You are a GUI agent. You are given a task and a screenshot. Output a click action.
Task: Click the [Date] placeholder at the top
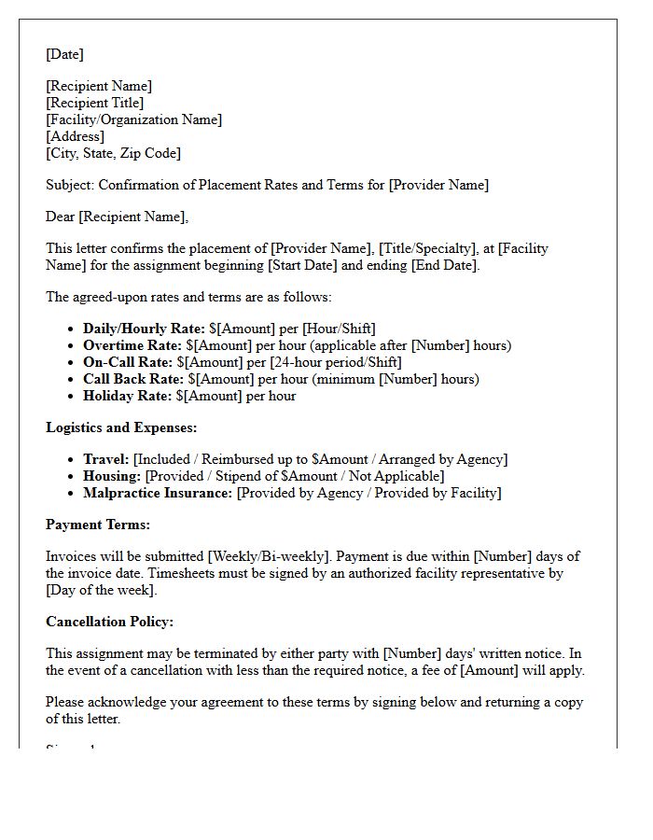pyautogui.click(x=64, y=54)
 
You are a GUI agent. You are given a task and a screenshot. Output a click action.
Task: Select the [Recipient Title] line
pyautogui.click(x=94, y=103)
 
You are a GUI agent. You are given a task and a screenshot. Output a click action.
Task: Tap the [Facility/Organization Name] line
pyautogui.click(x=133, y=119)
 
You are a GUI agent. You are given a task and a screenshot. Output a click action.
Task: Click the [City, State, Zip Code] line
pyautogui.click(x=113, y=153)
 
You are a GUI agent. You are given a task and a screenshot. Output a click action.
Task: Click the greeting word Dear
pyautogui.click(x=61, y=217)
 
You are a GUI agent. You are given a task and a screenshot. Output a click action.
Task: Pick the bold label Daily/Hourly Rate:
pyautogui.click(x=144, y=329)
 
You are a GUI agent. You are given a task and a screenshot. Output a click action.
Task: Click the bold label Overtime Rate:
pyautogui.click(x=131, y=345)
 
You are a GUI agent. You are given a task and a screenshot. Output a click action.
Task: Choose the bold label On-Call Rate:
pyautogui.click(x=127, y=362)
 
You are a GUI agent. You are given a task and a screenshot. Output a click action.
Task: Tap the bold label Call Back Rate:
pyautogui.click(x=133, y=379)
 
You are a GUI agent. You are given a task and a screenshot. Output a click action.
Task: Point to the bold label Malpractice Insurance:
pyautogui.click(x=158, y=493)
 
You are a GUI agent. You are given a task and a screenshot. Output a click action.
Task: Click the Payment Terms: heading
pyautogui.click(x=98, y=525)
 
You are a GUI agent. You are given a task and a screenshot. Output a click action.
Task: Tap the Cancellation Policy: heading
pyautogui.click(x=109, y=622)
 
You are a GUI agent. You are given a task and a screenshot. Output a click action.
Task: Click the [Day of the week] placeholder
pyautogui.click(x=102, y=590)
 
